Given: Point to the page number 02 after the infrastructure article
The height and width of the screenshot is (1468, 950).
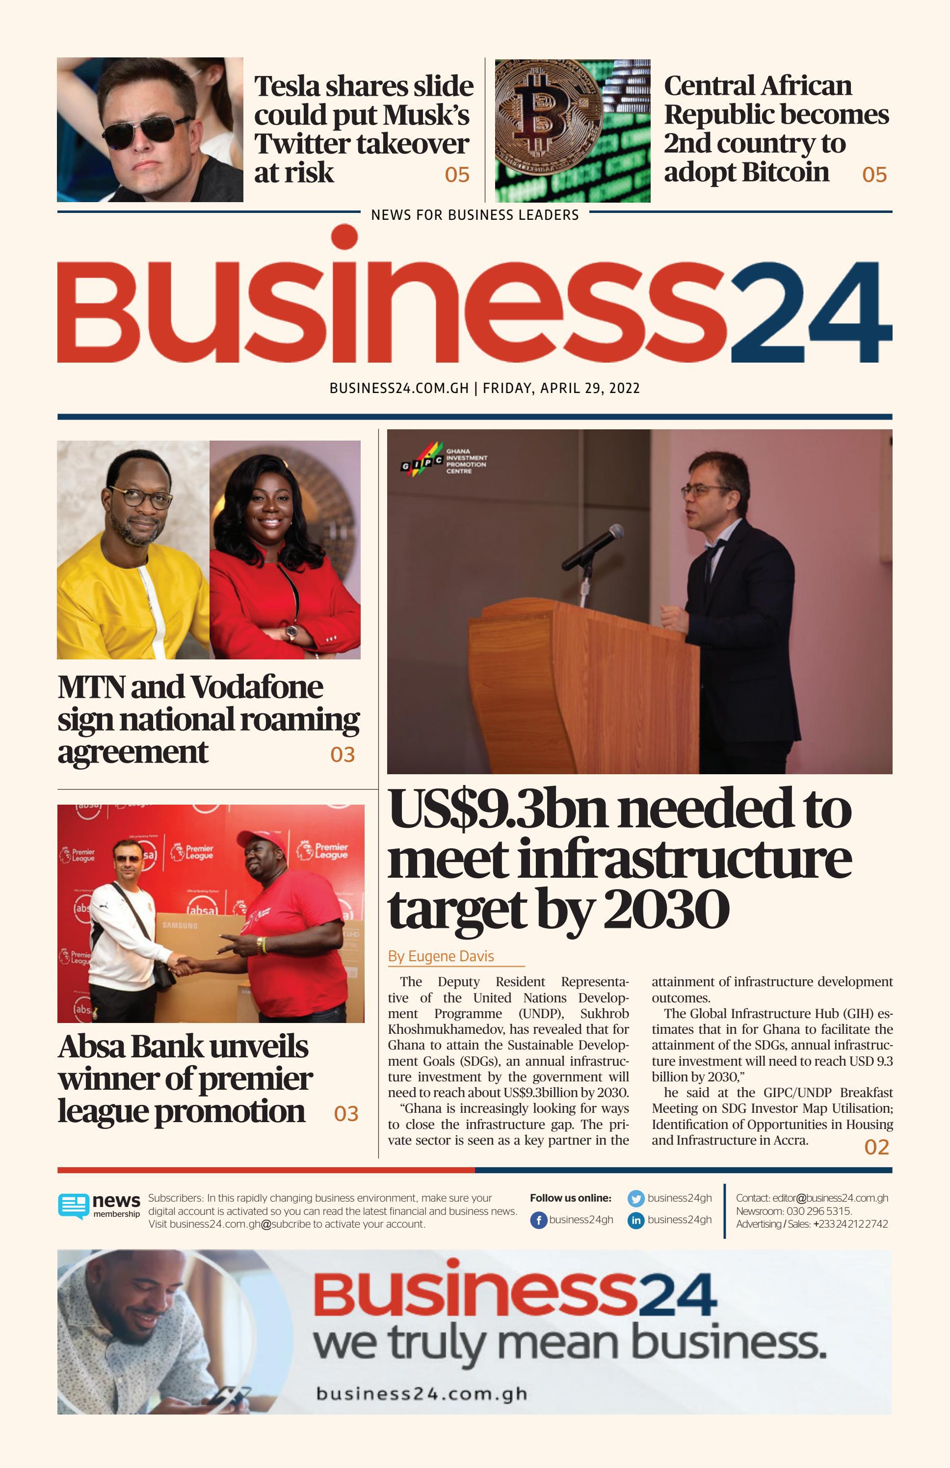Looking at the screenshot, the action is tap(876, 1147).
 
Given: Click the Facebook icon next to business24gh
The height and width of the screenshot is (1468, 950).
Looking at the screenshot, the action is tap(538, 1220).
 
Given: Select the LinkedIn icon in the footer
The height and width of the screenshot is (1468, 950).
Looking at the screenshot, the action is tap(635, 1220).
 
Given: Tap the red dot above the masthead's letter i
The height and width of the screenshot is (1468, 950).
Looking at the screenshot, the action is tap(344, 237).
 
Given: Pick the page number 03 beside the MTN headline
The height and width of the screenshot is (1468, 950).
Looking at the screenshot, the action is tap(343, 754).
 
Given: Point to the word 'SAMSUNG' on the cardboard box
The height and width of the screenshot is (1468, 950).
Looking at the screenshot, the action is tap(180, 926).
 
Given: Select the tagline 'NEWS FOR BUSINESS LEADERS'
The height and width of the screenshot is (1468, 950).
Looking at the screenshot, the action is tap(475, 214).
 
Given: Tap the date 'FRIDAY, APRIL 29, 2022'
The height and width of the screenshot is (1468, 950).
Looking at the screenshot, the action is tap(561, 388).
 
